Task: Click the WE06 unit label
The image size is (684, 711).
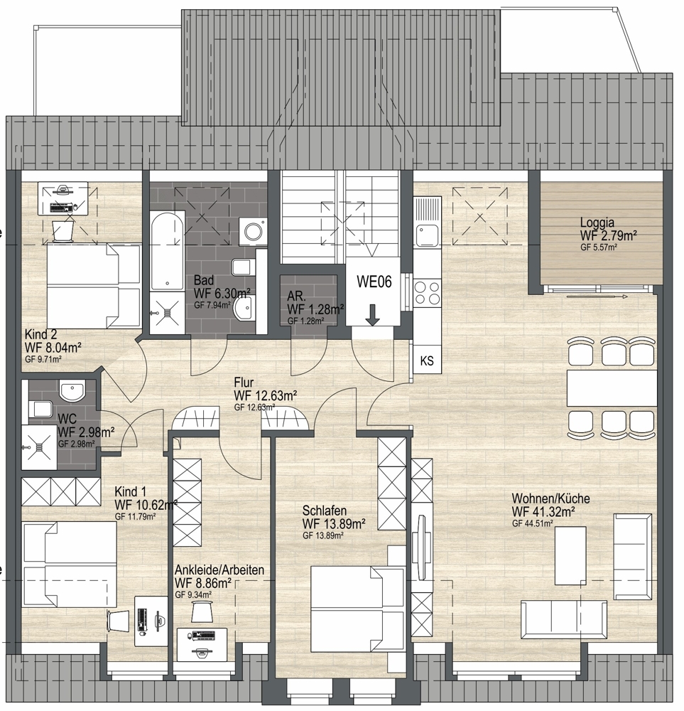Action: point(374,282)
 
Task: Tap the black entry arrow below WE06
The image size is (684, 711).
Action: point(373,315)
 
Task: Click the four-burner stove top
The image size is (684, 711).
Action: point(428,293)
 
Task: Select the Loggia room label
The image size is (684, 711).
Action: point(597,223)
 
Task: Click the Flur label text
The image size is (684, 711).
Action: point(244,383)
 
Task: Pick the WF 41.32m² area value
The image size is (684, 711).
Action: point(543,511)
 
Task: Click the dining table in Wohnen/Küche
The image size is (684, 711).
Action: point(612,388)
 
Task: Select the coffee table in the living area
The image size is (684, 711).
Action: point(571,556)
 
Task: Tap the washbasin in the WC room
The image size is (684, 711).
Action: point(72,390)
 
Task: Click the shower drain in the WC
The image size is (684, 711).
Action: point(39,447)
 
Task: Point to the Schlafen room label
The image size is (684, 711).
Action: point(325,510)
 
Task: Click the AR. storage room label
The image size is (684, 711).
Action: point(297,296)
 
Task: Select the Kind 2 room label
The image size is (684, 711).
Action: point(40,335)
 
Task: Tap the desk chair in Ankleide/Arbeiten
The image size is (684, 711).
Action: point(202,611)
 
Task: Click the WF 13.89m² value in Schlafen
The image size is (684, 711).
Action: point(335,524)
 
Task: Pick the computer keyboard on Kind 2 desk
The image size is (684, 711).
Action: point(60,208)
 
